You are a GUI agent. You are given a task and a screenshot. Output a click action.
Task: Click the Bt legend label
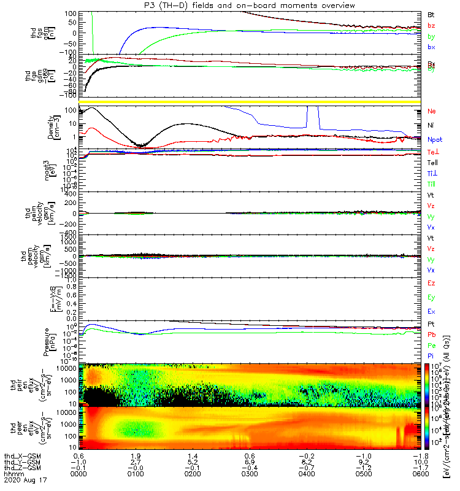(x=432, y=15)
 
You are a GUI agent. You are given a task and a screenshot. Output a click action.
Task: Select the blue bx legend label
(x=432, y=47)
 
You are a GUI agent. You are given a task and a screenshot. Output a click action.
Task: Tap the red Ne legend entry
(x=432, y=112)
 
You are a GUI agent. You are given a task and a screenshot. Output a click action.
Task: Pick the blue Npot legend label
(x=435, y=139)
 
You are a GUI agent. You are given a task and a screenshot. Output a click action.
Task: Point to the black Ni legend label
(x=432, y=126)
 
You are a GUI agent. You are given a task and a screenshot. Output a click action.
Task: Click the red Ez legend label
(x=432, y=284)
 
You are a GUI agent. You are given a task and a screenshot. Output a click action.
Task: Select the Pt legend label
(x=432, y=323)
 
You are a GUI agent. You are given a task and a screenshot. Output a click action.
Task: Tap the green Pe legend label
(x=432, y=346)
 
